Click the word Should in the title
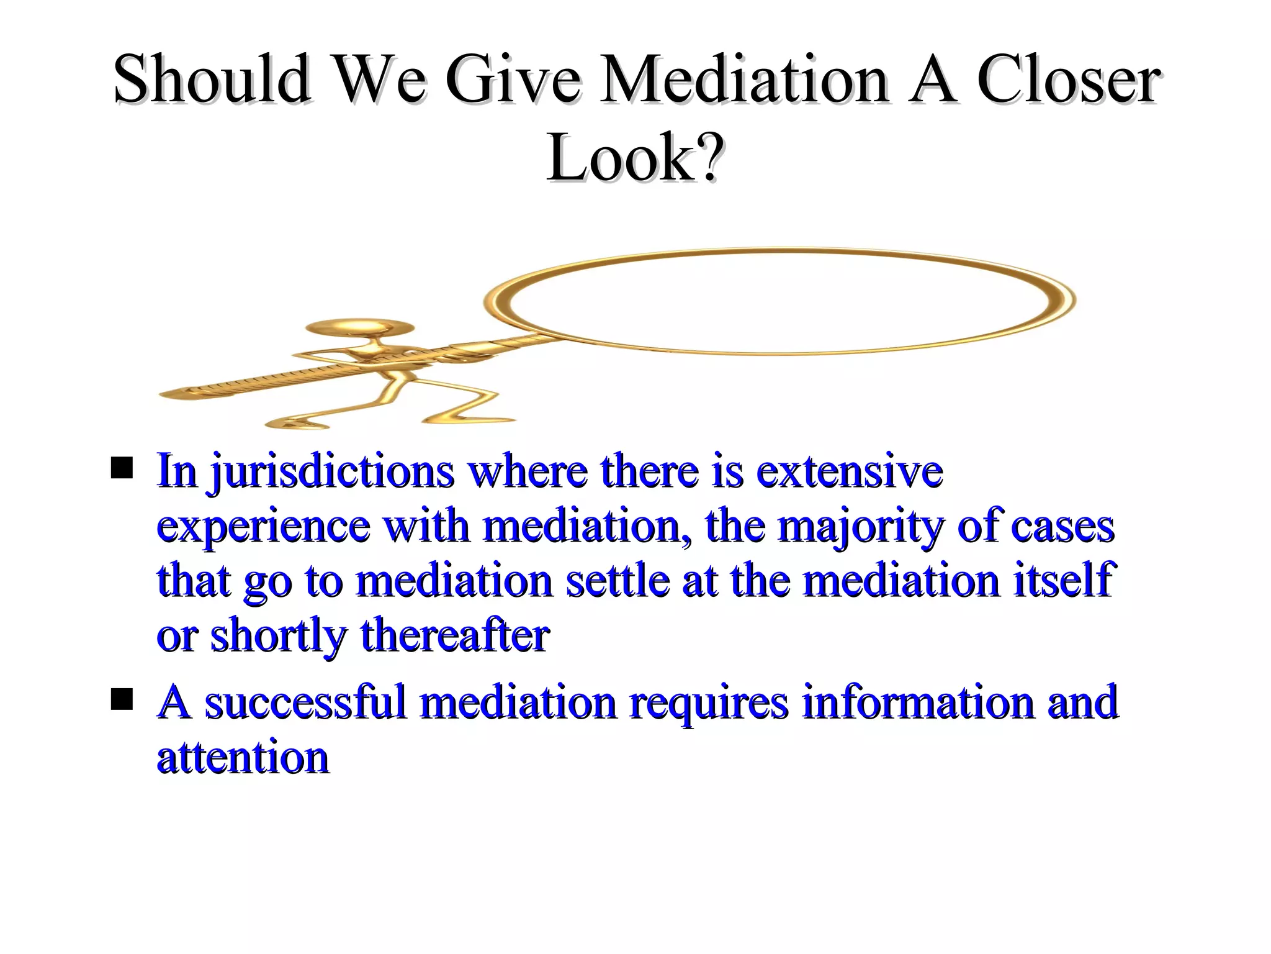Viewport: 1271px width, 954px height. pyautogui.click(x=212, y=79)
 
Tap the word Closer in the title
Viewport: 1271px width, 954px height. pyautogui.click(x=1067, y=79)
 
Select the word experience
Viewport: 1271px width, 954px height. pyautogui.click(x=263, y=527)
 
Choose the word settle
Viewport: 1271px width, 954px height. pyautogui.click(x=618, y=580)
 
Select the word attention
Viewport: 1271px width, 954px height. pyautogui.click(x=243, y=758)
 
